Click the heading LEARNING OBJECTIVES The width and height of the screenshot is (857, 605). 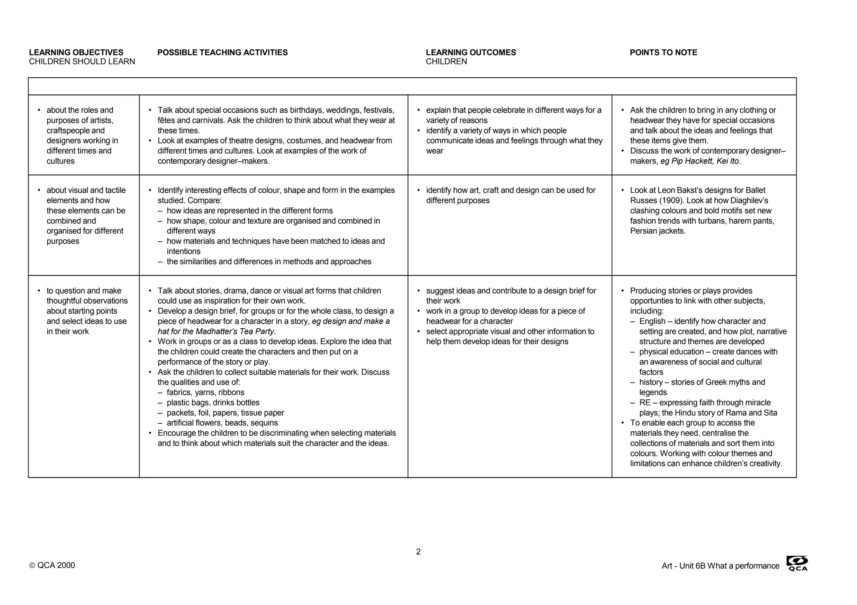(x=76, y=53)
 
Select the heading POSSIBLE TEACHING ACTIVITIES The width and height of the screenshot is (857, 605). (x=222, y=53)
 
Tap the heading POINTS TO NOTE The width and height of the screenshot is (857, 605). (x=663, y=53)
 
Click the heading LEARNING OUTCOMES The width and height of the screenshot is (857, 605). (x=471, y=53)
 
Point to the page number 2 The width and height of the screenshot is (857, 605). (x=418, y=552)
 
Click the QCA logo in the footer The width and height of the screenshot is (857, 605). (x=797, y=564)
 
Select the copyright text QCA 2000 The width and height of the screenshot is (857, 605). (x=52, y=566)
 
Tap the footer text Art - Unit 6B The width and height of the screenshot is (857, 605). (x=683, y=566)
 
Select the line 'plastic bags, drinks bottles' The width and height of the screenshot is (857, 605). (x=213, y=403)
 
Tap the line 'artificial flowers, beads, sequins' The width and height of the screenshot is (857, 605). (x=222, y=423)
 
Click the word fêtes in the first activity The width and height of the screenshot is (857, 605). (x=167, y=120)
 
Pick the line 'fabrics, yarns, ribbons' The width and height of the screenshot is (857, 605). (x=205, y=393)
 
